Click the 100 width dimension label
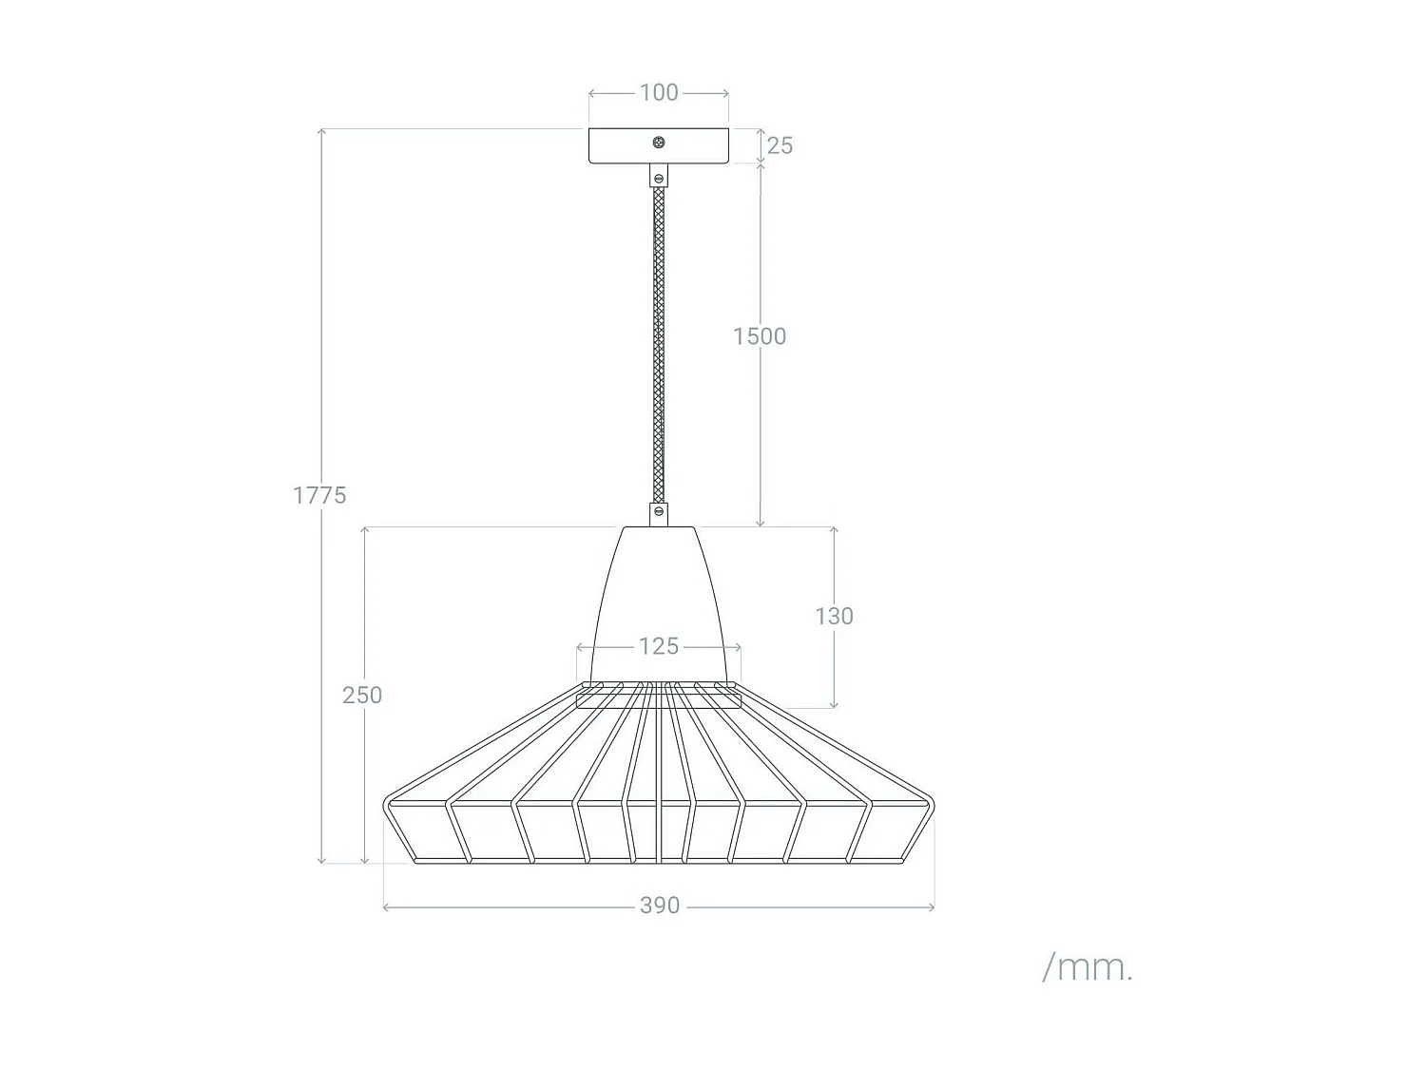[x=659, y=93]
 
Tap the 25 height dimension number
[x=780, y=145]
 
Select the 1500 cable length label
[x=760, y=336]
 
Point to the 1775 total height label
[x=319, y=495]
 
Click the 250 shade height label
[x=362, y=695]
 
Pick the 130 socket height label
[x=834, y=616]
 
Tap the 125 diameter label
[x=659, y=646]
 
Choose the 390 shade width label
[x=660, y=906]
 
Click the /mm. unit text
[x=1088, y=967]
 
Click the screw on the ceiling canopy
[x=659, y=143]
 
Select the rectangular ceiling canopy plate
[x=618, y=146]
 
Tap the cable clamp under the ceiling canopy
[x=659, y=177]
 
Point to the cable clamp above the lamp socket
[x=659, y=514]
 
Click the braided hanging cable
[x=659, y=342]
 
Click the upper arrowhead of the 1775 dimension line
[x=322, y=131]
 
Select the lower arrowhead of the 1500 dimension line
[x=761, y=523]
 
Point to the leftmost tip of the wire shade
[x=384, y=806]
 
